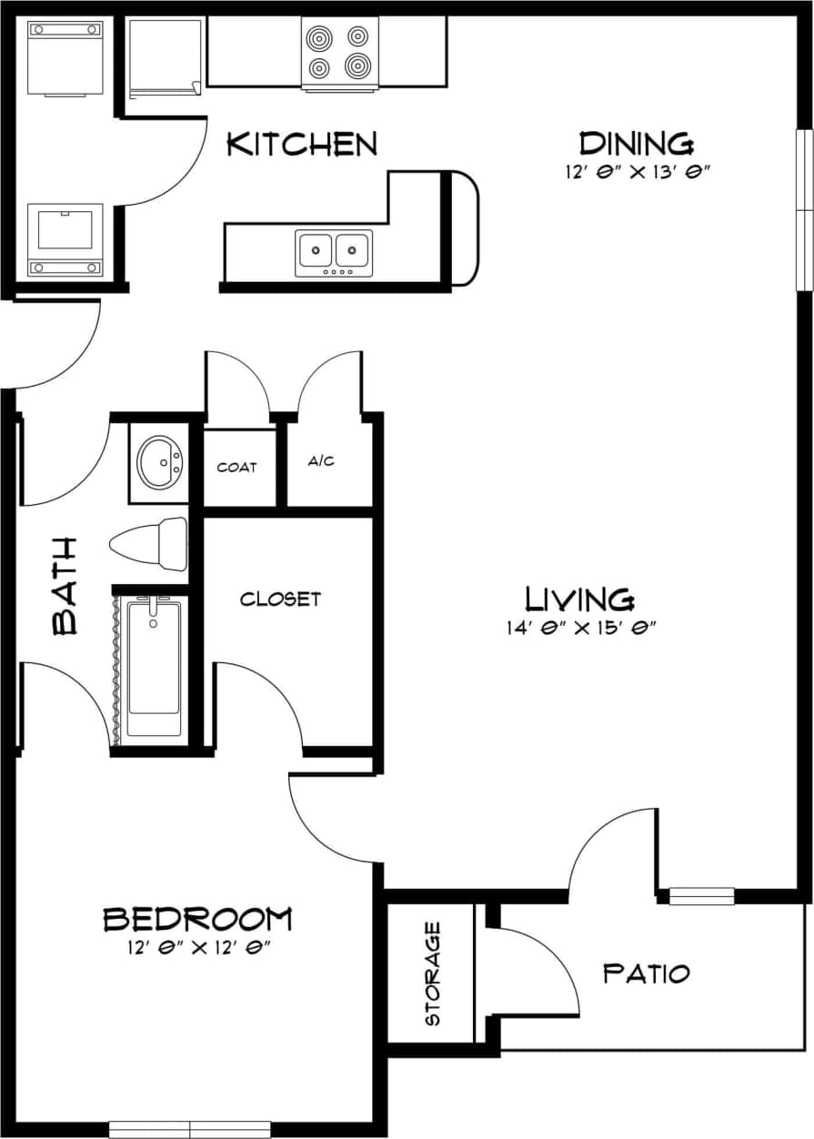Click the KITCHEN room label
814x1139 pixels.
(x=301, y=144)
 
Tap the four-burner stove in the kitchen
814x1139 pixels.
(x=339, y=52)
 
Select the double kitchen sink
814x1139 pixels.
(x=333, y=252)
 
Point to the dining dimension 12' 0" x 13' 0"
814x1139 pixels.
(x=636, y=171)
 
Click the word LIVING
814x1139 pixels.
(x=579, y=599)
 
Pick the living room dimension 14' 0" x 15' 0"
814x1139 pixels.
(x=581, y=627)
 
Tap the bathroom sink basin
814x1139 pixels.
(x=160, y=461)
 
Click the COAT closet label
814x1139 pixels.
(x=236, y=468)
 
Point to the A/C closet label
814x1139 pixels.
(x=321, y=461)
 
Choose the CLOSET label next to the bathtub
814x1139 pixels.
(x=280, y=599)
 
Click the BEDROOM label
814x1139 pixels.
(x=197, y=919)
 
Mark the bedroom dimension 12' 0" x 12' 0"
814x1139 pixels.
(x=200, y=948)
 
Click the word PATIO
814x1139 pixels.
(x=647, y=973)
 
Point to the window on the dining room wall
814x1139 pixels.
(x=804, y=209)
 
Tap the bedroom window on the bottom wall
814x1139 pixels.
(x=190, y=1129)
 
